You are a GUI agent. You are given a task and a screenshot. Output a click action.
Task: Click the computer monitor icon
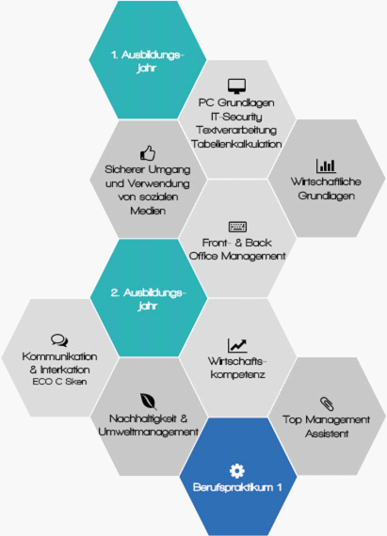point(236,87)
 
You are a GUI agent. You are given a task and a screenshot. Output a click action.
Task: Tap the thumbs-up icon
point(148,153)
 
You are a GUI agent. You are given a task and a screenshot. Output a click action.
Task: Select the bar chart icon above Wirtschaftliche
point(326,166)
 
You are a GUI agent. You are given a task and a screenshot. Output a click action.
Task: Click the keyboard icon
point(237,227)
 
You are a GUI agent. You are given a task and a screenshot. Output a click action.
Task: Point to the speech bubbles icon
point(59,340)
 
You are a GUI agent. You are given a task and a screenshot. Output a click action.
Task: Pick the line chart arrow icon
point(237,345)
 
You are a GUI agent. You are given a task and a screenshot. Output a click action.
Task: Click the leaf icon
point(149,402)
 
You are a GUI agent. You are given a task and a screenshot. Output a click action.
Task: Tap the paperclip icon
point(327,403)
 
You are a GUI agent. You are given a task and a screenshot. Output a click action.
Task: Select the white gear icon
point(237,471)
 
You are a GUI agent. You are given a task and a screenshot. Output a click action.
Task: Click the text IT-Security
point(236,117)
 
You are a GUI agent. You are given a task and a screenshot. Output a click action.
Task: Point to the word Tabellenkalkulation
point(236,144)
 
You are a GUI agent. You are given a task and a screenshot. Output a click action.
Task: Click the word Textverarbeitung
point(236,131)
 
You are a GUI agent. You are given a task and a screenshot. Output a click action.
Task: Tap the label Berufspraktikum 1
point(237,487)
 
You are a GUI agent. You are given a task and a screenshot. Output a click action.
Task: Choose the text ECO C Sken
point(59,382)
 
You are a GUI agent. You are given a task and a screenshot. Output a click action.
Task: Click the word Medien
point(148,211)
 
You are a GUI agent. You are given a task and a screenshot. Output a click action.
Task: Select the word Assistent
point(327,434)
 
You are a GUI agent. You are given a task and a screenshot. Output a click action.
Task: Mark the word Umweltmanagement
point(148,432)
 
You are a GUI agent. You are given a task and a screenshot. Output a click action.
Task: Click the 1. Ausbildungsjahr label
point(147,61)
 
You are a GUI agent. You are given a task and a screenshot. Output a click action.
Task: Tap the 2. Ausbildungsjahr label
point(148,299)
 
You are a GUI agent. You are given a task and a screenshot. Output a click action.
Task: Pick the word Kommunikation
point(59,356)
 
